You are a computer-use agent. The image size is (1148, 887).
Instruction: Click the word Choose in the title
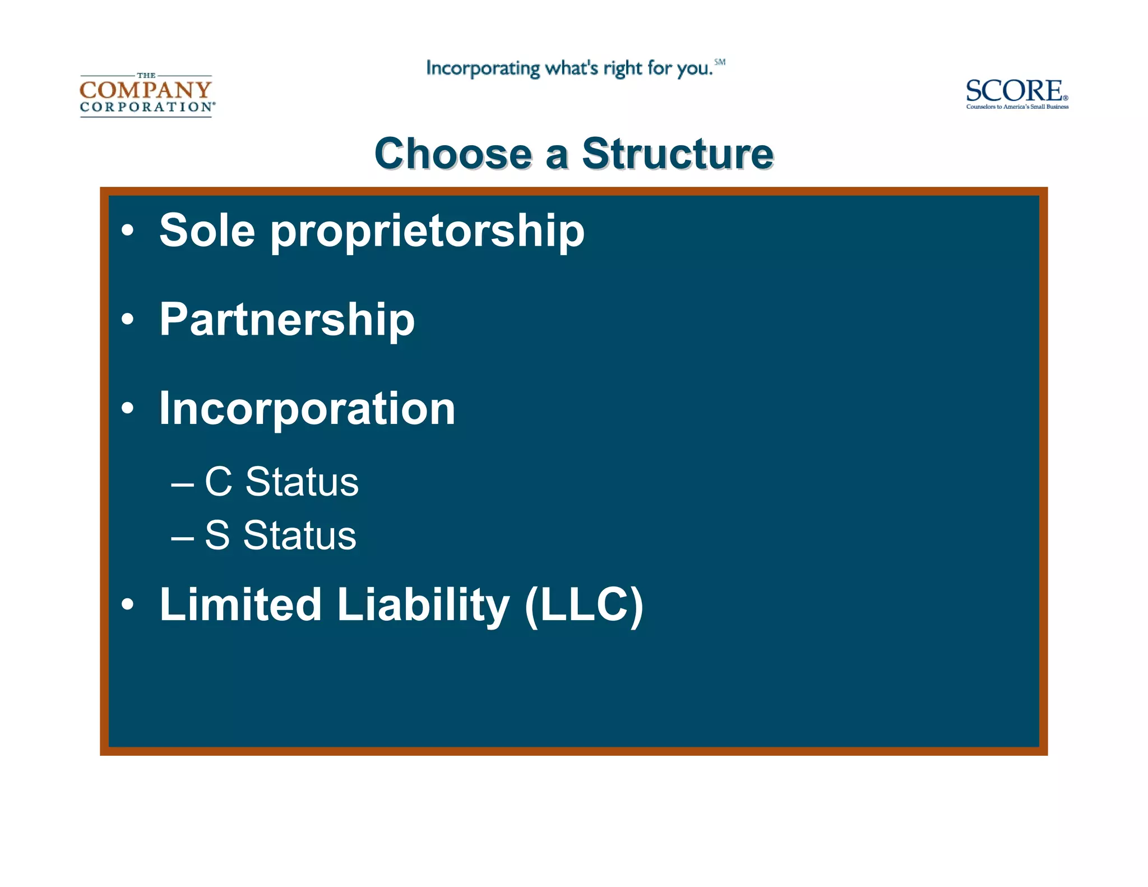coord(453,154)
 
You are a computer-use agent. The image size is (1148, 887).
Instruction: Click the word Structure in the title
coord(678,154)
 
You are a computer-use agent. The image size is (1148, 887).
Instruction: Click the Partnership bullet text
coord(287,320)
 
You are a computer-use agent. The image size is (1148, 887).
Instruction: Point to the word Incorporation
coord(307,409)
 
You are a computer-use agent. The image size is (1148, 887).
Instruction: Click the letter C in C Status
coord(219,482)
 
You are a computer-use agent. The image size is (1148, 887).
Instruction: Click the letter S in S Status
coord(217,535)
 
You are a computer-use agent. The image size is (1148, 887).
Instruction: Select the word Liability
coord(423,606)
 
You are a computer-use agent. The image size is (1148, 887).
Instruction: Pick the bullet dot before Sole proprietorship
coord(128,230)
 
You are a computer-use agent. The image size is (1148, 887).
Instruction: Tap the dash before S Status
coord(182,537)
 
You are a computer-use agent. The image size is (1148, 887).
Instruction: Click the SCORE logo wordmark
coord(1013,91)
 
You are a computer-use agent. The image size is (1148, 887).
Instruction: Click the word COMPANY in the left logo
coord(146,90)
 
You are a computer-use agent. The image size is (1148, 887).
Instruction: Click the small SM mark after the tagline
coord(720,62)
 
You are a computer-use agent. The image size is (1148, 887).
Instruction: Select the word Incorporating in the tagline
coord(483,68)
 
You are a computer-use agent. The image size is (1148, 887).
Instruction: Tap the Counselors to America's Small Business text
coord(1017,107)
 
